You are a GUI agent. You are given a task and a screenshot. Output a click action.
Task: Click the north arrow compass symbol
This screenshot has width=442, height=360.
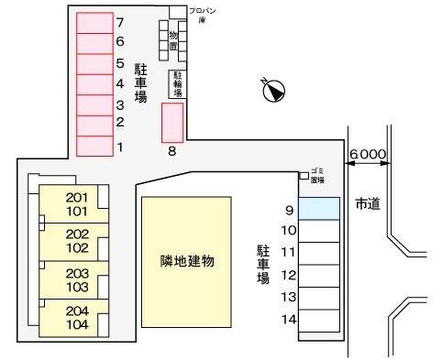(273, 92)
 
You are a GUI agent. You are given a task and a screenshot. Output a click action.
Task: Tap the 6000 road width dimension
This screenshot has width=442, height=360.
(368, 156)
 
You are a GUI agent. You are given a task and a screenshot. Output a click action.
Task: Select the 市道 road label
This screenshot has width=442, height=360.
(368, 203)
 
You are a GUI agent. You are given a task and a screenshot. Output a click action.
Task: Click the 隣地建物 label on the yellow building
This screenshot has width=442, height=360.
(186, 261)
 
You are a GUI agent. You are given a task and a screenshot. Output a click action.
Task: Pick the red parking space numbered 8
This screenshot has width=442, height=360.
(171, 122)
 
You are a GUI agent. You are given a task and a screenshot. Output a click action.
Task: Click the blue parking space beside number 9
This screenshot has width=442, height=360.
(319, 208)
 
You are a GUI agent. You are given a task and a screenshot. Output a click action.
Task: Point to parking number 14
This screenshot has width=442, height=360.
(289, 320)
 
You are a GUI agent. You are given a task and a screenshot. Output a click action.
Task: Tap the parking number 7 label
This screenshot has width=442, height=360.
(120, 20)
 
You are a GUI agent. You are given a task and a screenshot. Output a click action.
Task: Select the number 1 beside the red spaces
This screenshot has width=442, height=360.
(120, 147)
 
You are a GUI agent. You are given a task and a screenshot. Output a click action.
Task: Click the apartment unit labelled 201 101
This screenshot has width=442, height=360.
(77, 204)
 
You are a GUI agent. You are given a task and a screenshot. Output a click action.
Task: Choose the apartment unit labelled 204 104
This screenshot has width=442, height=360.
(77, 317)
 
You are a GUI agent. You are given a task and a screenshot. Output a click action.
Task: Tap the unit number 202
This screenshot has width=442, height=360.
(77, 234)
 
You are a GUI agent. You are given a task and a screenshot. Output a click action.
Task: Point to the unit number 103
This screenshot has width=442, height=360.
(77, 287)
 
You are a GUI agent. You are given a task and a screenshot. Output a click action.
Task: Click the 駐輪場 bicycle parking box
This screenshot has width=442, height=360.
(176, 83)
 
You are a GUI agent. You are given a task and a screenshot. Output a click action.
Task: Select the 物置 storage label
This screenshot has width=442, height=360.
(173, 40)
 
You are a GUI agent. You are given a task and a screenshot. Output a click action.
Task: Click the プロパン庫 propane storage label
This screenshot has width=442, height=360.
(203, 13)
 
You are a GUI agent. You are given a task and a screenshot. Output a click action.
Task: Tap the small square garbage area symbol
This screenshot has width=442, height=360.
(304, 175)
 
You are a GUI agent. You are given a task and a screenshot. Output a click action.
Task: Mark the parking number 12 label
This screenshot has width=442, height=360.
(289, 274)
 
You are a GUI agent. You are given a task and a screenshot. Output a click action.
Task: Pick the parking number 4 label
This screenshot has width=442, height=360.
(120, 83)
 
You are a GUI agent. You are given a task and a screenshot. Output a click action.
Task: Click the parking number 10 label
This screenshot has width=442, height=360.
(289, 230)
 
